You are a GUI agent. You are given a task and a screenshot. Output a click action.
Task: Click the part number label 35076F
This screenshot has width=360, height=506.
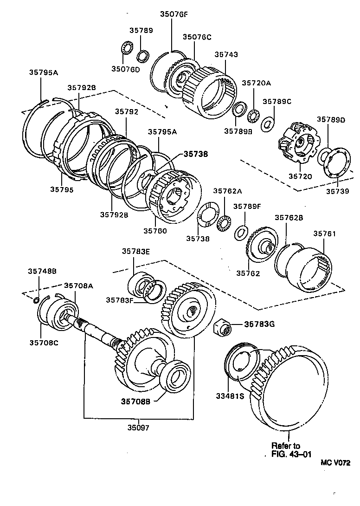[x=174, y=14]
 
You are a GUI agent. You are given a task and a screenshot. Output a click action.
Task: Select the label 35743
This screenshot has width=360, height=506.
[x=226, y=54]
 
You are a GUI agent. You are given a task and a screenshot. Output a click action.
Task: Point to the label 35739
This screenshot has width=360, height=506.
[x=337, y=191]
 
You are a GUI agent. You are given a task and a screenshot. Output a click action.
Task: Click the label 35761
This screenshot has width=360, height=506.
[x=325, y=234]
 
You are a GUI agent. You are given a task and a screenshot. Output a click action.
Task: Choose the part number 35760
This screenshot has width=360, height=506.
[x=155, y=230]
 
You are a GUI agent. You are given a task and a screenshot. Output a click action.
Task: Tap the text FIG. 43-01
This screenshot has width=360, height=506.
[x=291, y=454]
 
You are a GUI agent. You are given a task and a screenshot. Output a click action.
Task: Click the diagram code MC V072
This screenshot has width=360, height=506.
[x=335, y=463]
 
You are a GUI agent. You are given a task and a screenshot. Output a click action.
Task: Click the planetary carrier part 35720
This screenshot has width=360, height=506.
[x=296, y=145]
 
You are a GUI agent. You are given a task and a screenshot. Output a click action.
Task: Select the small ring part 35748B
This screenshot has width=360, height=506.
[x=37, y=299]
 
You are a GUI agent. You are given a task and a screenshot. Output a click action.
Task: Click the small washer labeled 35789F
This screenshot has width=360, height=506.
[x=240, y=231]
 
